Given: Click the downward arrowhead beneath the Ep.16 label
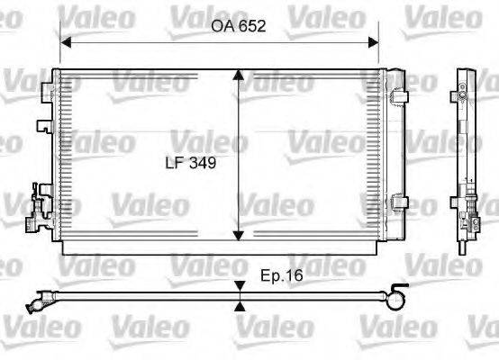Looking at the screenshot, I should click(x=240, y=286).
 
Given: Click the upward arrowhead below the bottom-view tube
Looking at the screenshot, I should click(x=240, y=305).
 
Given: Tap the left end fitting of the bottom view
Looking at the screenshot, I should click(x=41, y=296).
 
